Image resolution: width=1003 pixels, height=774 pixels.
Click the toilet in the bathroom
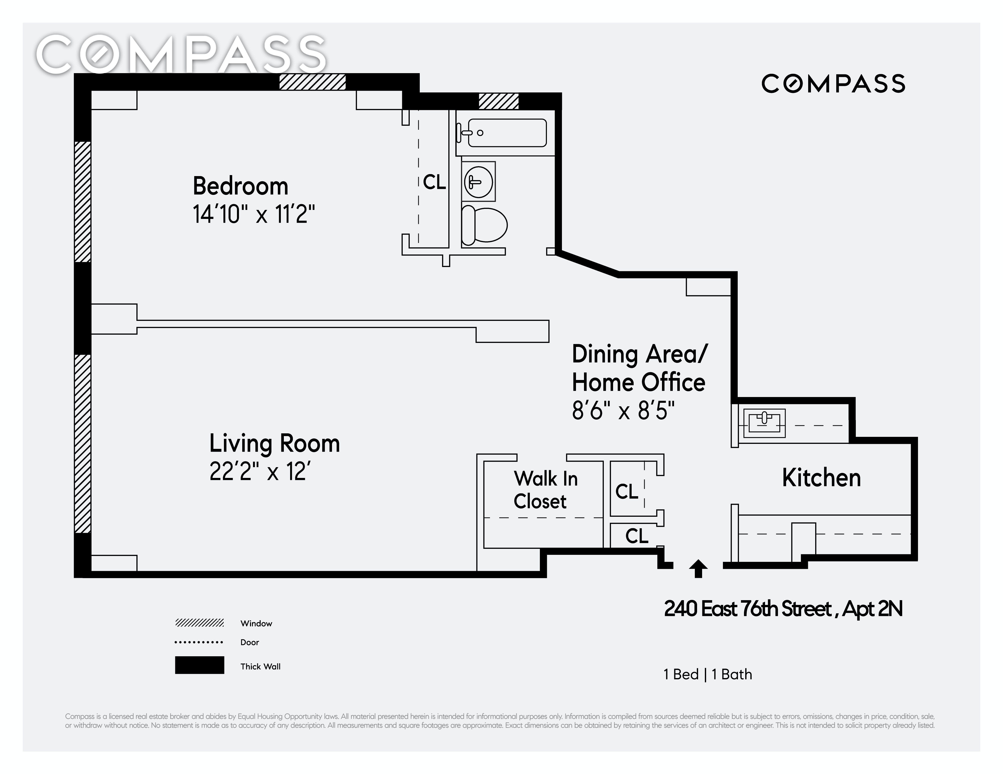[484, 225]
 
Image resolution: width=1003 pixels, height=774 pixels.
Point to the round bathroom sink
[478, 182]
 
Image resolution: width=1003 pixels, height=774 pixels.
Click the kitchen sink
[764, 423]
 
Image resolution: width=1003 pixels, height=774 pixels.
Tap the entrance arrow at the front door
[698, 568]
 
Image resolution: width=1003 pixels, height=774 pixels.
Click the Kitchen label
[821, 478]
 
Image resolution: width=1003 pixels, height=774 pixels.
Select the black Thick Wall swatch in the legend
[199, 665]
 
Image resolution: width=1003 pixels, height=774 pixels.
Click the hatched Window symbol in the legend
[199, 623]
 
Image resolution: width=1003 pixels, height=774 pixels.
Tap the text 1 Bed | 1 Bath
[708, 674]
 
